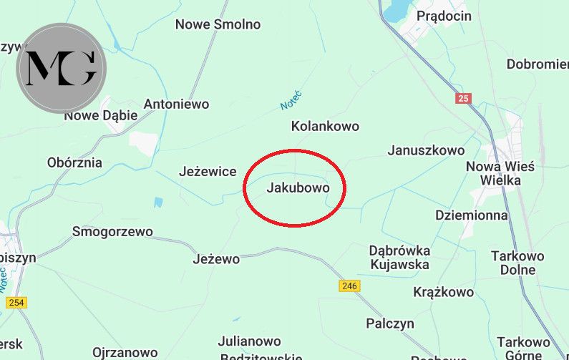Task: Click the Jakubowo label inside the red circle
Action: pyautogui.click(x=298, y=188)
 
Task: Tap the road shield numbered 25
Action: pyautogui.click(x=464, y=98)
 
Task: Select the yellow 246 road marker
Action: pyautogui.click(x=349, y=286)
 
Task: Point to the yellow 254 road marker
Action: pyautogui.click(x=16, y=303)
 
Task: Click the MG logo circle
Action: pyautogui.click(x=61, y=68)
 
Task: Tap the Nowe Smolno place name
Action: pyautogui.click(x=218, y=24)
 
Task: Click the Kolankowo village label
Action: pyautogui.click(x=325, y=126)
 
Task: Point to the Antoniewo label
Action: pyautogui.click(x=176, y=104)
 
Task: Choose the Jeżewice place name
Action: pyautogui.click(x=207, y=172)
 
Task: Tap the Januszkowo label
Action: pyautogui.click(x=426, y=150)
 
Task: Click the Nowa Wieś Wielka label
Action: pyautogui.click(x=500, y=172)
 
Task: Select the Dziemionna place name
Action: pyautogui.click(x=471, y=215)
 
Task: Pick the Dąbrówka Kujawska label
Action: pyautogui.click(x=399, y=257)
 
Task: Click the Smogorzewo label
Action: pyautogui.click(x=112, y=231)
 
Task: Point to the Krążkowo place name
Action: pyautogui.click(x=444, y=292)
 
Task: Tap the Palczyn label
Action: pyautogui.click(x=390, y=323)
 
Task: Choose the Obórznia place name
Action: pyautogui.click(x=74, y=162)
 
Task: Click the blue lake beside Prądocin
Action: pyautogui.click(x=395, y=11)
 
